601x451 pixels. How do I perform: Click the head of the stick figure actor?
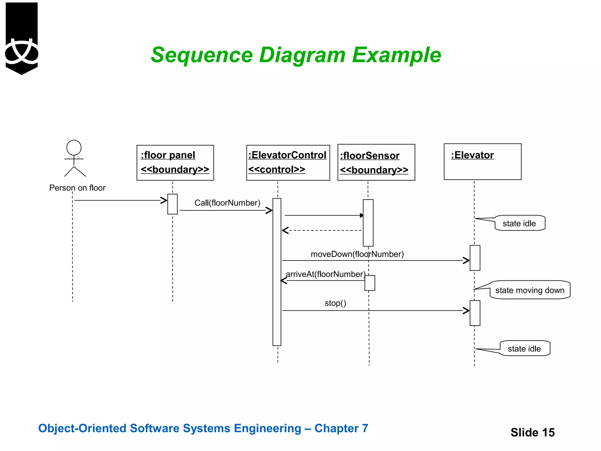tap(74, 147)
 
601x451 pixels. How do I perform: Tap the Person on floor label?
tap(77, 188)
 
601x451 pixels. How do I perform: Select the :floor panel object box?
tap(175, 163)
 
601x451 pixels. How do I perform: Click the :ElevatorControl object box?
tap(288, 163)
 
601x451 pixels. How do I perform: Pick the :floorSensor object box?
tap(376, 162)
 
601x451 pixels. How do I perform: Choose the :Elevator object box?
tap(482, 162)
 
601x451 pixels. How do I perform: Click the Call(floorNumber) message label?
tap(227, 203)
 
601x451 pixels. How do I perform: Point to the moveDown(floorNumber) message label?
tap(357, 254)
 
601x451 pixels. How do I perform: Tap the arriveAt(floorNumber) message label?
tap(325, 274)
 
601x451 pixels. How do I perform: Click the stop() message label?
tap(335, 303)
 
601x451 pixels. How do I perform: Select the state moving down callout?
tap(530, 290)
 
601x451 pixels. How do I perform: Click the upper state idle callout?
tap(519, 223)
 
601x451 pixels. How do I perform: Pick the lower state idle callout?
tap(524, 349)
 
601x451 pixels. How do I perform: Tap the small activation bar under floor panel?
tap(173, 204)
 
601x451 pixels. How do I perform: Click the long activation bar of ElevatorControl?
tap(277, 272)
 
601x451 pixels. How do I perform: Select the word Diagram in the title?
tap(302, 55)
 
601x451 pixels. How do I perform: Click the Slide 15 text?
tap(532, 433)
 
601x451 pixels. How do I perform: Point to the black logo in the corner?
tap(22, 38)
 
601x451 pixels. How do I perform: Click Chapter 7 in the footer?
tap(341, 428)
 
